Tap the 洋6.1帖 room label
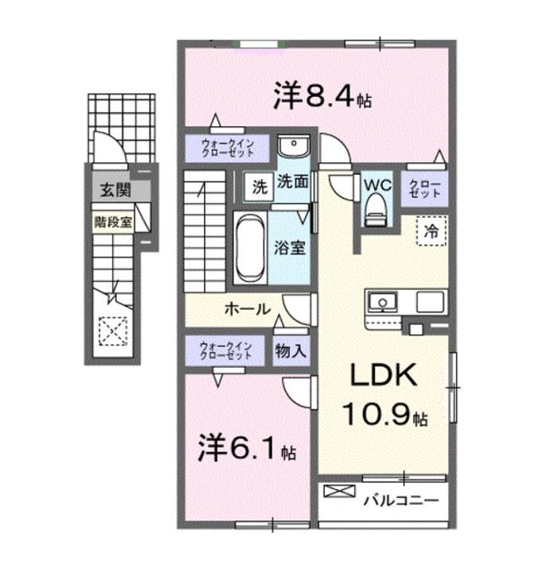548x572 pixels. (x=246, y=449)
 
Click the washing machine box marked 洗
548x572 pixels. (x=259, y=188)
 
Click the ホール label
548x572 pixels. (x=246, y=309)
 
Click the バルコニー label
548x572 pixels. (x=401, y=501)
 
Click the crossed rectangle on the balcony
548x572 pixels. (x=337, y=493)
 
